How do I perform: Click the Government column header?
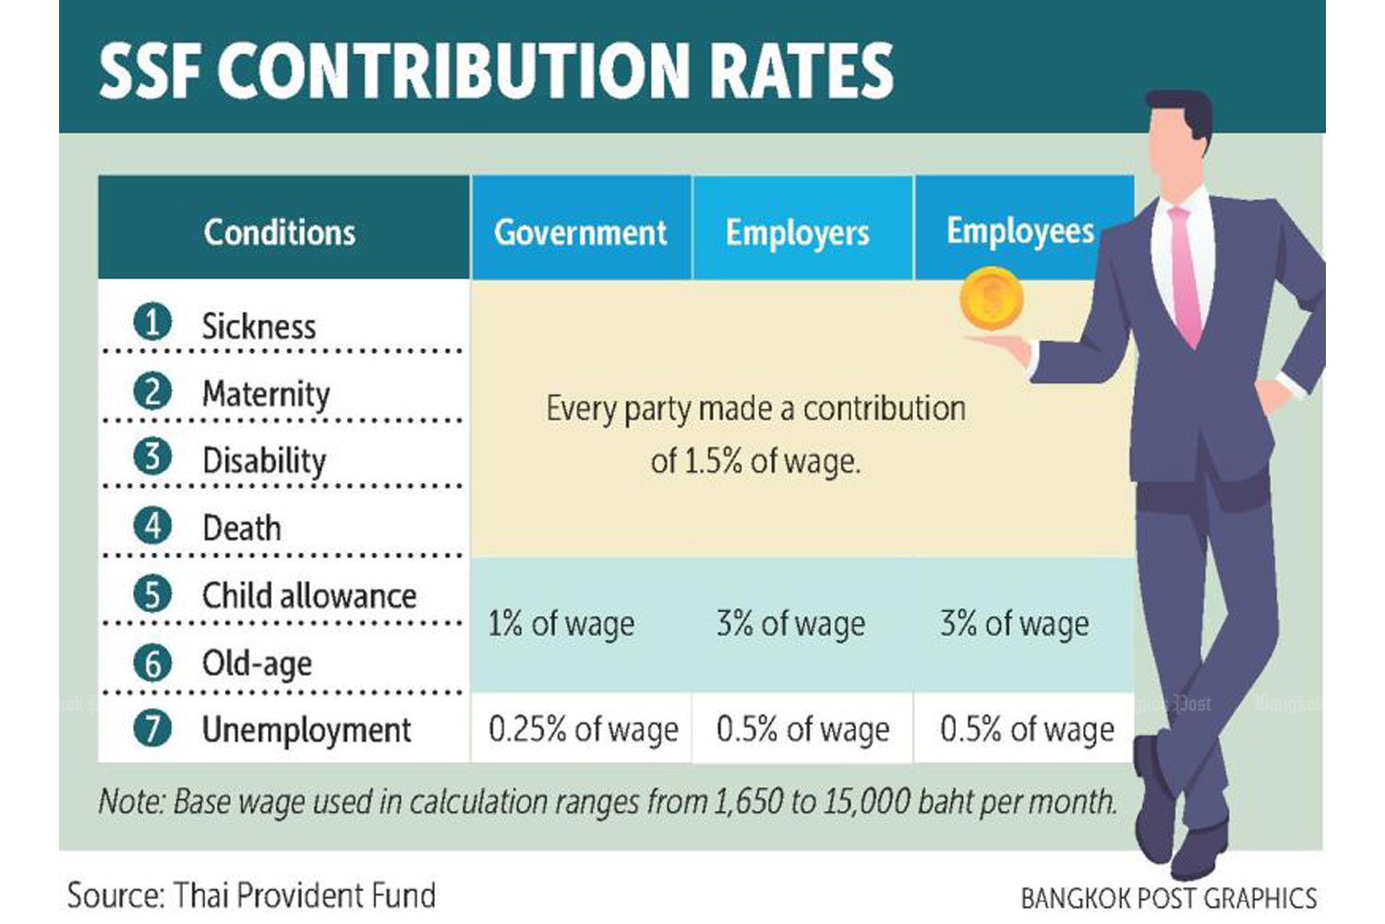580,232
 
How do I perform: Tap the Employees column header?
1019,231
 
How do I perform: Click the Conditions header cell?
279,232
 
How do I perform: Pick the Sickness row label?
259,326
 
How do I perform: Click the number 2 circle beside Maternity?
152,392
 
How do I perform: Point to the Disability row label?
264,460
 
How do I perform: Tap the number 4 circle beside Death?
152,527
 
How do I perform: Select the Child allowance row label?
309,595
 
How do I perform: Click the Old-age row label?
257,663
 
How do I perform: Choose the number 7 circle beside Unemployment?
152,729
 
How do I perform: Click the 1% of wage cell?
560,624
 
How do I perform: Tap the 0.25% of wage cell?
583,729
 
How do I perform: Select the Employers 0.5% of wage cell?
802,729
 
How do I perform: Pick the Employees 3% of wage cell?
1014,624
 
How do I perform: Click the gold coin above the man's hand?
992,298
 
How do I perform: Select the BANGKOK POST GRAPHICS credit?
1168,897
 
